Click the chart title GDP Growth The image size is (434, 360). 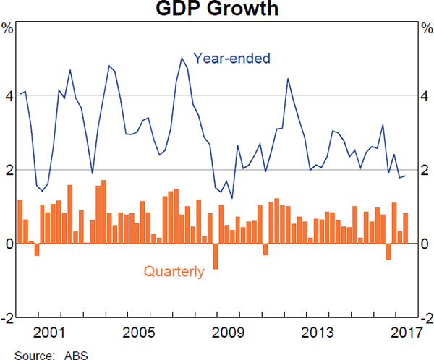click(216, 10)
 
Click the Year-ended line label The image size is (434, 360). click(231, 57)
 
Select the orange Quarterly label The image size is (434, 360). click(174, 272)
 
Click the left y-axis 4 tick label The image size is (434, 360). click(8, 96)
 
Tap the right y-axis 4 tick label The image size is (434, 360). click(425, 96)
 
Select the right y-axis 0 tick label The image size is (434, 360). click(425, 244)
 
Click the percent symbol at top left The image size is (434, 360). click(7, 29)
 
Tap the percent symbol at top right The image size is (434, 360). click(425, 29)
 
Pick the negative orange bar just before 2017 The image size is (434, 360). click(388, 252)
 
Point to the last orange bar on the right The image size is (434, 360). click(406, 228)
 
